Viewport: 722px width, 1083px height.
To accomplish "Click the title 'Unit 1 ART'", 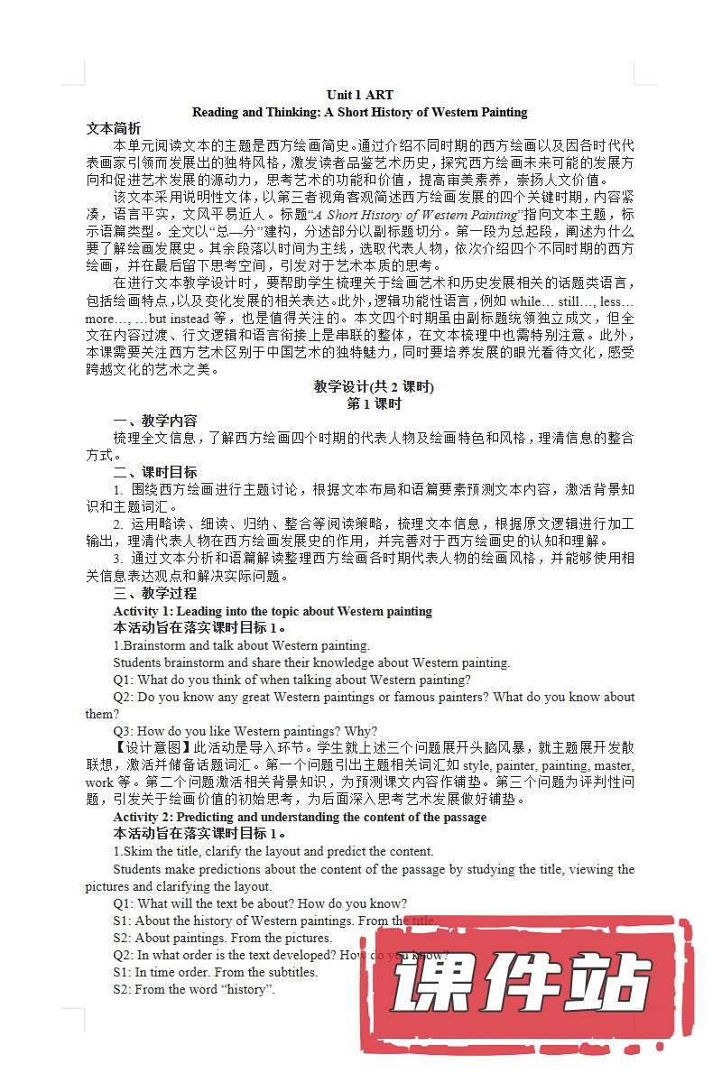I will [x=360, y=95].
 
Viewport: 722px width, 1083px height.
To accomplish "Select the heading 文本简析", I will [x=113, y=128].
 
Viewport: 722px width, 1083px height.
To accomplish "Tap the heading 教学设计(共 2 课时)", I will [x=374, y=386].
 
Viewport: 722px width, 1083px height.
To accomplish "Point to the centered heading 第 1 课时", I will [x=374, y=403].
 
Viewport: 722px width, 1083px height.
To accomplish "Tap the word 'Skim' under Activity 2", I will [x=136, y=851].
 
